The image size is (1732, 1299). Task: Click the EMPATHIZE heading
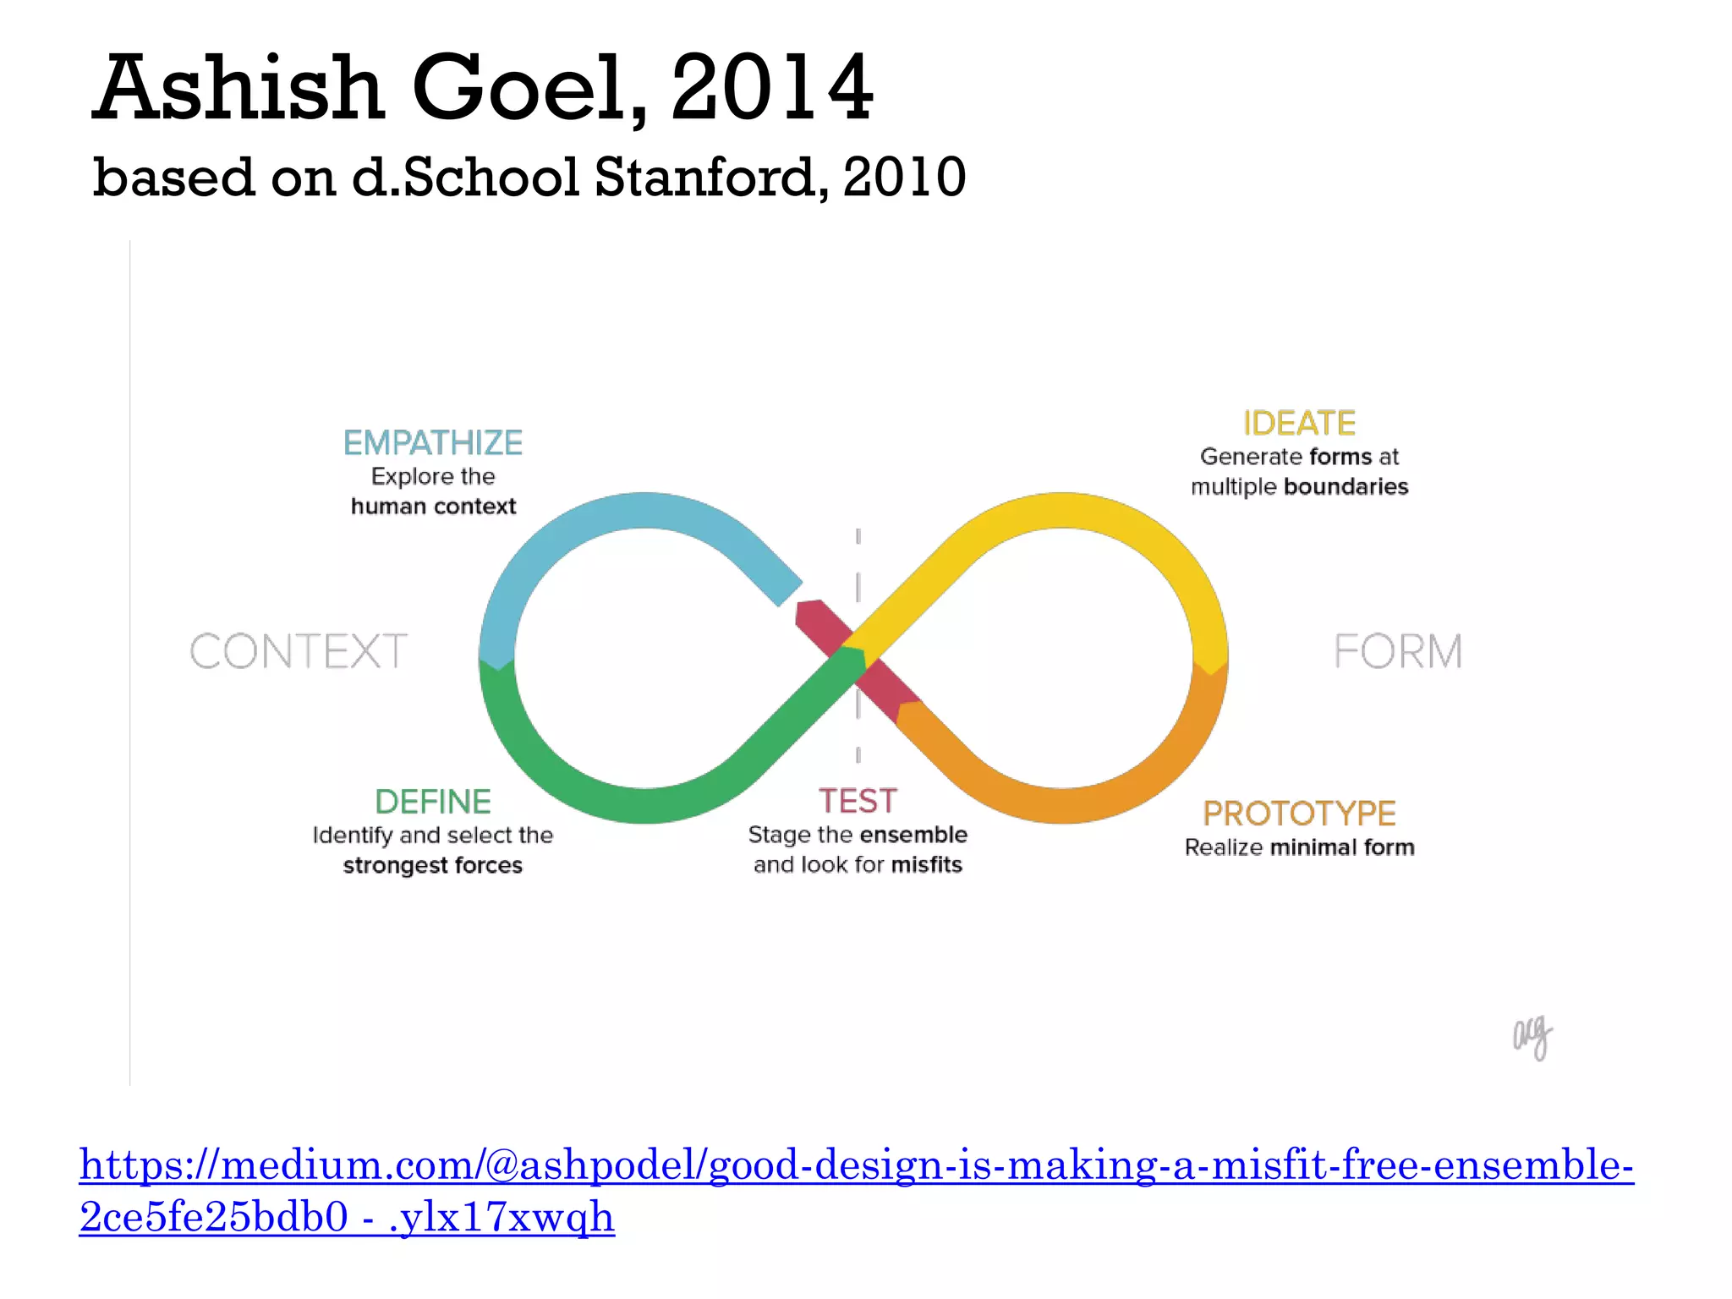click(x=432, y=442)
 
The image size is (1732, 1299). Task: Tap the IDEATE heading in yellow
click(x=1299, y=423)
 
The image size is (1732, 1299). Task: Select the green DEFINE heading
click(x=432, y=801)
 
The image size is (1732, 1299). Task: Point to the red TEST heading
click(x=857, y=800)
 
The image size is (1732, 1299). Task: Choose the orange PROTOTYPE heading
click(x=1299, y=813)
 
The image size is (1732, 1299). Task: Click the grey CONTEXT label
click(x=298, y=651)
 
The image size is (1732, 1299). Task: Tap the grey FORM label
click(x=1397, y=651)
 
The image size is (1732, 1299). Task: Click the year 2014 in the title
click(x=771, y=88)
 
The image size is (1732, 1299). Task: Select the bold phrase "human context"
click(x=433, y=506)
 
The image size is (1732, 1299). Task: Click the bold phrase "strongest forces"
click(x=432, y=865)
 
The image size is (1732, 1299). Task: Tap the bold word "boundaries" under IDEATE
click(x=1346, y=486)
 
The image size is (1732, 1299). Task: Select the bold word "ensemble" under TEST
click(x=913, y=835)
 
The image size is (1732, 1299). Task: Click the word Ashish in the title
click(x=238, y=88)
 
